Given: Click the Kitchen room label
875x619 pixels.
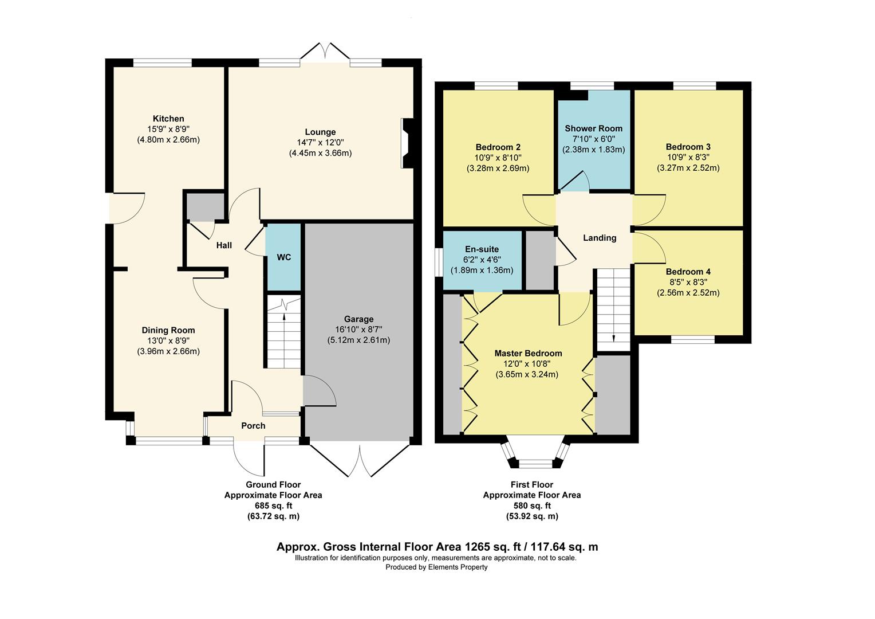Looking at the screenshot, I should [x=168, y=119].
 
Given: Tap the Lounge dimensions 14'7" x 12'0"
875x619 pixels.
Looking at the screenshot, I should [x=320, y=143].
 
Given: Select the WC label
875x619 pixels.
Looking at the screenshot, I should [x=284, y=257].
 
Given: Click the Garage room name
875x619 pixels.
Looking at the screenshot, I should [x=358, y=319].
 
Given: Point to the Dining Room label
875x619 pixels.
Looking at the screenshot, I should [x=168, y=330].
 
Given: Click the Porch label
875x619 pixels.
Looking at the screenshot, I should [x=253, y=426].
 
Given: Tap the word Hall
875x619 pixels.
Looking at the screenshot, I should [x=224, y=245].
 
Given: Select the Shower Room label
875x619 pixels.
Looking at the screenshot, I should [x=593, y=128].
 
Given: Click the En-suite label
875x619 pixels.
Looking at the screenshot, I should [x=482, y=249].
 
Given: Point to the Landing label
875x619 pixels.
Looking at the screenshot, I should [x=600, y=238].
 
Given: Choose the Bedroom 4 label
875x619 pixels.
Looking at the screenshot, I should [x=688, y=272].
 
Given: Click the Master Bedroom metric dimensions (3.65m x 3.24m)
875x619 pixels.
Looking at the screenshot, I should [x=526, y=375].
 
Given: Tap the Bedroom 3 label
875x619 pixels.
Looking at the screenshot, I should [x=688, y=147].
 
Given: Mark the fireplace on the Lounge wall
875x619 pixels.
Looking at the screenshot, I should [x=407, y=143].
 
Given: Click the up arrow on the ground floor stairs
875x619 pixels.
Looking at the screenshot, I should [x=285, y=317].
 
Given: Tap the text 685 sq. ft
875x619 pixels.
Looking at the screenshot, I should [x=273, y=506].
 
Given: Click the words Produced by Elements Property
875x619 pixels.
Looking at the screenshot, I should [x=436, y=567].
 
